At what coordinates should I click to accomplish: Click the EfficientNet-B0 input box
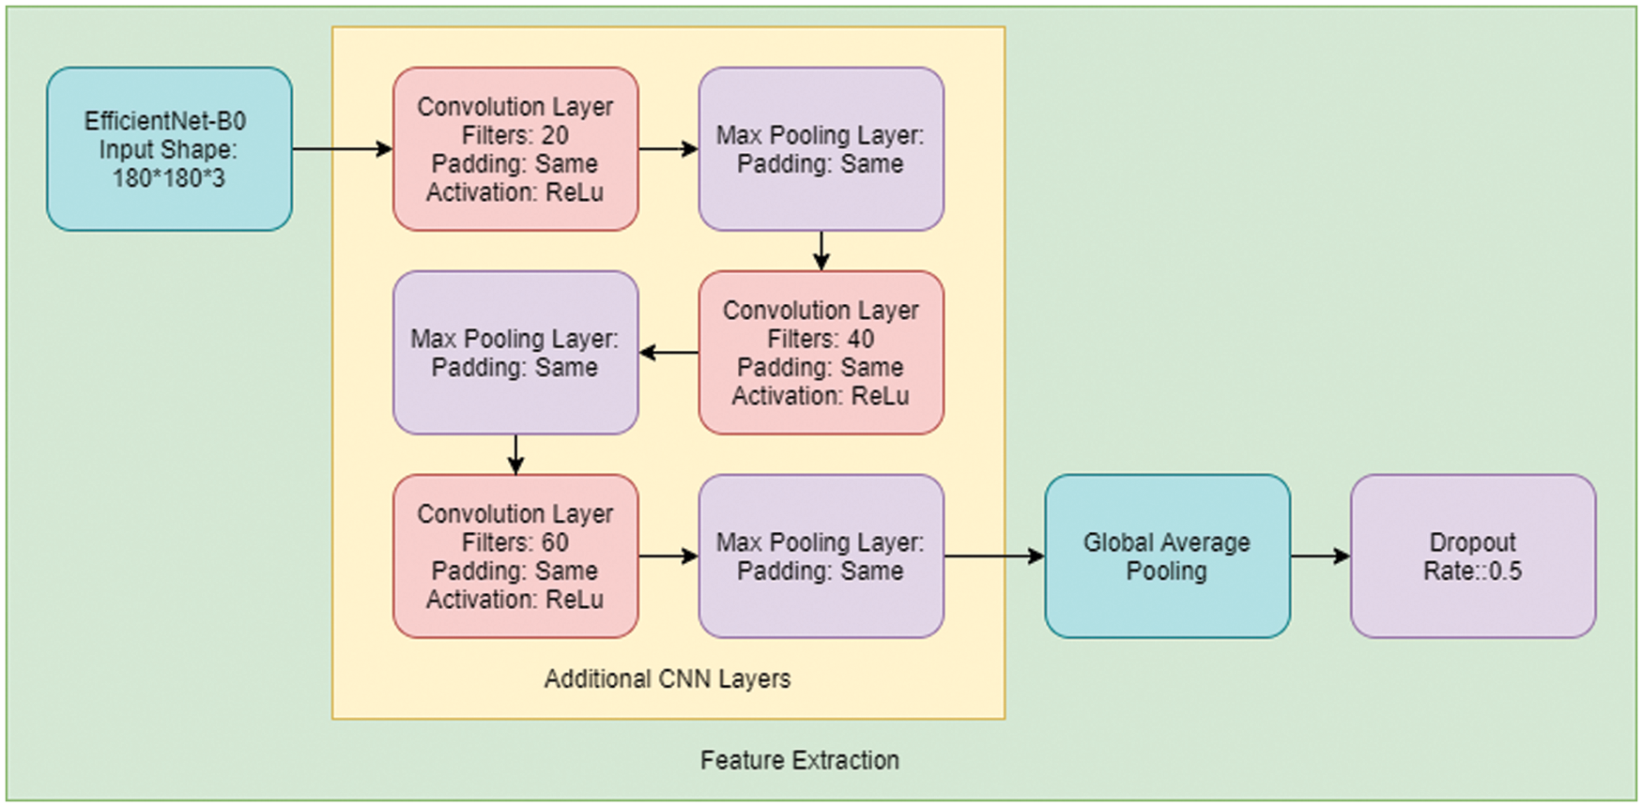click(169, 148)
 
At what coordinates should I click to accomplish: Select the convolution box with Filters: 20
click(515, 148)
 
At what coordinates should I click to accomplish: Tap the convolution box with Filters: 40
click(821, 353)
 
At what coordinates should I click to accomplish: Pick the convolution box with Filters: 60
click(515, 556)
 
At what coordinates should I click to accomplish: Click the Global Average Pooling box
click(1167, 556)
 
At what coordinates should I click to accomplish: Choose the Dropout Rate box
click(1473, 556)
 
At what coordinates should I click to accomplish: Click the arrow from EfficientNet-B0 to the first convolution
click(343, 148)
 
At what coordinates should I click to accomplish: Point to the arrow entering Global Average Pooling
click(994, 556)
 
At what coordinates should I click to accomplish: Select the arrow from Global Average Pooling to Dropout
click(1321, 556)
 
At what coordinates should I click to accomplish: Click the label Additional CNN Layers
click(668, 678)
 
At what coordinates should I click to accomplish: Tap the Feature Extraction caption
click(800, 760)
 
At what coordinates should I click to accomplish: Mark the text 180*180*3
click(169, 177)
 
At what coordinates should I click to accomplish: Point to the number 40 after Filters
click(861, 339)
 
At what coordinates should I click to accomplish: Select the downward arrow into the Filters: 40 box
click(821, 251)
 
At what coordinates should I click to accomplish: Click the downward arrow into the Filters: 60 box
click(515, 454)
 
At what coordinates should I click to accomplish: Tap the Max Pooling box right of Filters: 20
click(821, 148)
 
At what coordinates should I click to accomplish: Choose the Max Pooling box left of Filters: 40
click(515, 353)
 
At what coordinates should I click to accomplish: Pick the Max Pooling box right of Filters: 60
click(821, 556)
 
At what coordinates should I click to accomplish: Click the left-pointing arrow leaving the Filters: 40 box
click(668, 353)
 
